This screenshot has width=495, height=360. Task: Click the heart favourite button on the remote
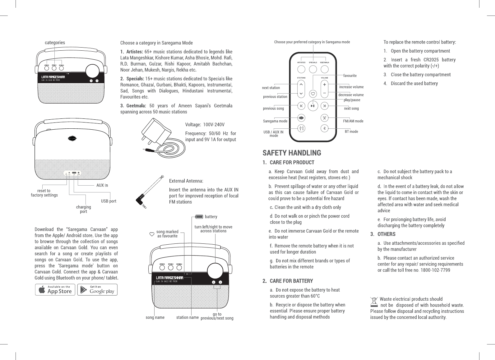(x=313, y=93)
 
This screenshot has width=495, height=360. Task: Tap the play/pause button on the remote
(x=313, y=106)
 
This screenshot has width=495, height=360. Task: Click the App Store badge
(x=55, y=290)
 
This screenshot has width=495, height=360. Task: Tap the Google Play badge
(x=97, y=290)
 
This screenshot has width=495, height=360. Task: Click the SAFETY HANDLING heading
(x=292, y=153)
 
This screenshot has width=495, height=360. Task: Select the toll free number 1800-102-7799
(x=435, y=270)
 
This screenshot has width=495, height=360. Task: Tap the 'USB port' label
(x=109, y=201)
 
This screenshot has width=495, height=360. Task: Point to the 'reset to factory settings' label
(x=44, y=193)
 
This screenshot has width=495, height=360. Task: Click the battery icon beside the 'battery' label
(x=199, y=217)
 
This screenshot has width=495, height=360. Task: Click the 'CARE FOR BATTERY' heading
(x=291, y=281)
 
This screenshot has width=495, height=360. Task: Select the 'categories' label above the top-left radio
(x=55, y=43)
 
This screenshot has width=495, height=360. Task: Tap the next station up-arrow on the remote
(x=301, y=84)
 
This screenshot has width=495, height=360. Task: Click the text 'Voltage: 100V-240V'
(x=205, y=125)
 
